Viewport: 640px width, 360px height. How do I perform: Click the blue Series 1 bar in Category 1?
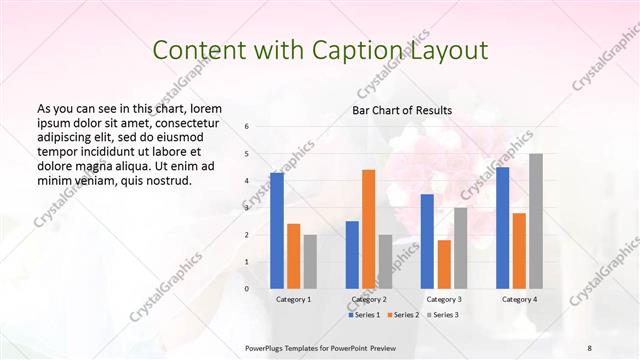click(277, 231)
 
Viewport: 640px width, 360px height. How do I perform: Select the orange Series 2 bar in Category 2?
click(368, 229)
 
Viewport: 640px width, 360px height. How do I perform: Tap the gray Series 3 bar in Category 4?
click(536, 221)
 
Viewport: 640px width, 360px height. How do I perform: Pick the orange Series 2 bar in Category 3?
click(444, 264)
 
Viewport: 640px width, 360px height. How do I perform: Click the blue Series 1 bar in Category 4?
click(502, 228)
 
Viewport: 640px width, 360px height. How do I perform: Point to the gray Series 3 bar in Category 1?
click(310, 262)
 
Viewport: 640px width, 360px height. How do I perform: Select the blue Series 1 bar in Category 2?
click(352, 255)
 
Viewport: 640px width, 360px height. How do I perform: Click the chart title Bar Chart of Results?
click(402, 110)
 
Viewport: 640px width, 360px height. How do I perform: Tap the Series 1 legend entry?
click(365, 315)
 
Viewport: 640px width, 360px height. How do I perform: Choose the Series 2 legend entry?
click(404, 315)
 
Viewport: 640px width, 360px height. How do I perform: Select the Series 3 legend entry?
click(443, 315)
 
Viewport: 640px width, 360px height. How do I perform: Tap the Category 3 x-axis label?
click(444, 300)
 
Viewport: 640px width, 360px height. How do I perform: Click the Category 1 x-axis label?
click(293, 300)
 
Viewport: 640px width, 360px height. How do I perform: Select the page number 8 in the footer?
click(590, 346)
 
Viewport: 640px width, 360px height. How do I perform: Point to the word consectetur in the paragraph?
click(186, 120)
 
